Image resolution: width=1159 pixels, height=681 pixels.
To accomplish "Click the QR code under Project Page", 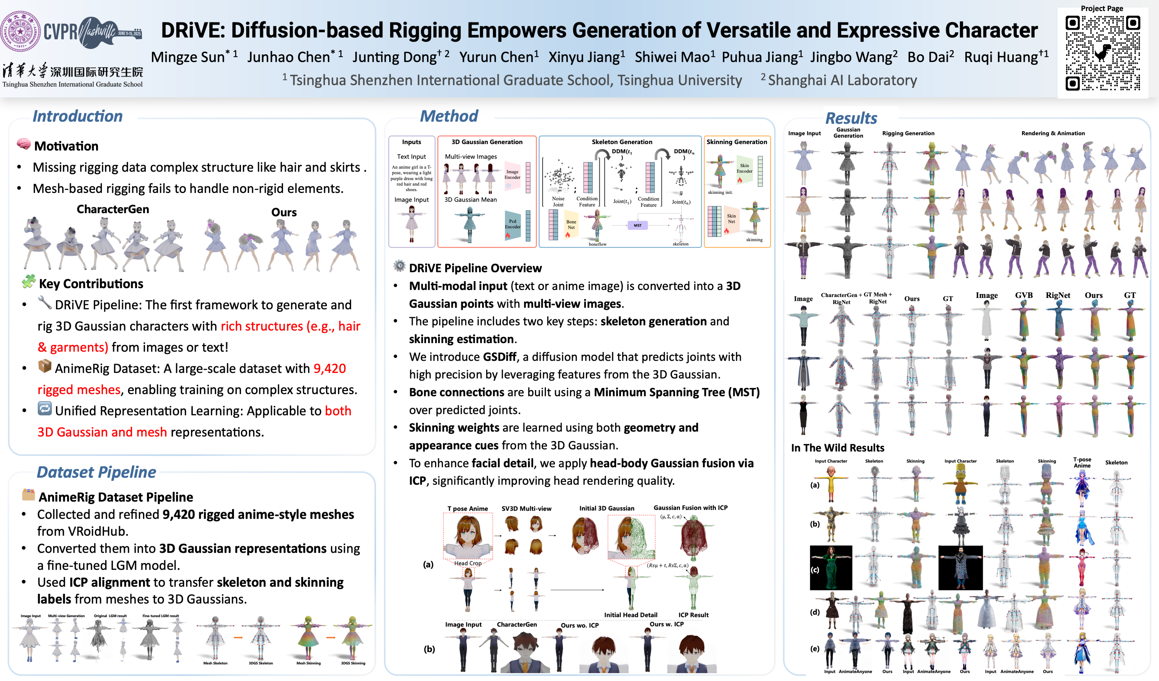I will (1103, 53).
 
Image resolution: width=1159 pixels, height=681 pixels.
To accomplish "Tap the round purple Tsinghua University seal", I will (21, 31).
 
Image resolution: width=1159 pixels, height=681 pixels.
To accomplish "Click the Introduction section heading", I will (77, 116).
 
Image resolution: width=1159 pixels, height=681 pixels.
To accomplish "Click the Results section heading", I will (851, 118).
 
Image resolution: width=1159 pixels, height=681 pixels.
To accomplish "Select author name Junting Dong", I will (395, 57).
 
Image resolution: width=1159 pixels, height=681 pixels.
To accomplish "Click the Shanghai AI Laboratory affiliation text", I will (842, 81).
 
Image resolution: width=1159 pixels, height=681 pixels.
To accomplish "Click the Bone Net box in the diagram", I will (571, 224).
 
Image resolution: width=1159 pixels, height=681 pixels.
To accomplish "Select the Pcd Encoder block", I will (512, 224).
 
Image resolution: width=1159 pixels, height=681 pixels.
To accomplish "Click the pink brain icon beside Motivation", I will (23, 144).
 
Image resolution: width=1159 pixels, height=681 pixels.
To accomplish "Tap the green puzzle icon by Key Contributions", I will (28, 281).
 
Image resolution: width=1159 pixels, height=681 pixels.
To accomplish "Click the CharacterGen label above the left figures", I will (113, 209).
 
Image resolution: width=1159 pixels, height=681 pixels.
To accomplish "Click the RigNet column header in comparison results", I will (1058, 295).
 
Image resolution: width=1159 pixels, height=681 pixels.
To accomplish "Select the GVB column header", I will (1024, 295).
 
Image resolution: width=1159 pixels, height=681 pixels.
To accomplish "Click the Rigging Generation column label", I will (908, 133).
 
